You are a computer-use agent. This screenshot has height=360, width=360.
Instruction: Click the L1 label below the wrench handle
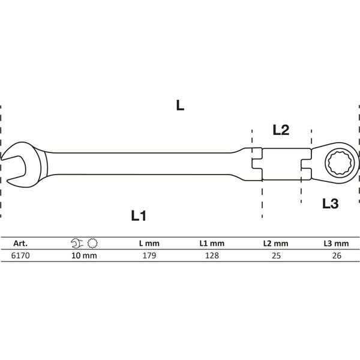(139, 216)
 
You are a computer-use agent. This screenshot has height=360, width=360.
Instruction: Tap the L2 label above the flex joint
(281, 129)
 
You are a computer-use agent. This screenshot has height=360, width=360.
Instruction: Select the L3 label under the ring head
(330, 204)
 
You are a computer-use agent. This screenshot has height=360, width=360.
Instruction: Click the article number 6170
(21, 255)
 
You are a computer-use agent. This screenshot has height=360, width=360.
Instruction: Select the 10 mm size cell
(85, 255)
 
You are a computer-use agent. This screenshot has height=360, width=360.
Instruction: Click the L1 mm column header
(211, 244)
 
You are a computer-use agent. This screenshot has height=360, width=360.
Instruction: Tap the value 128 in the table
(211, 255)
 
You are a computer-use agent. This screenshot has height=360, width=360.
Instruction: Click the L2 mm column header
(275, 244)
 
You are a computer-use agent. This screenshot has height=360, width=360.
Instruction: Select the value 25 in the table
(275, 255)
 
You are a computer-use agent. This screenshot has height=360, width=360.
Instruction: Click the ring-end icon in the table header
(92, 244)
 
